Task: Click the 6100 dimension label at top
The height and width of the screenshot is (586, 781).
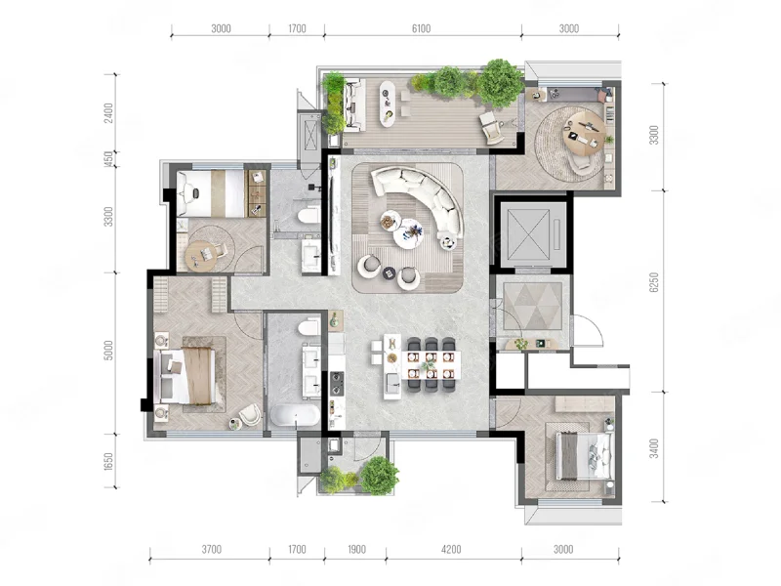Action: point(421,28)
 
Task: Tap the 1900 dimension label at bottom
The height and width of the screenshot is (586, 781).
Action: point(356,549)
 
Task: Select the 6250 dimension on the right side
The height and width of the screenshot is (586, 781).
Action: point(654,282)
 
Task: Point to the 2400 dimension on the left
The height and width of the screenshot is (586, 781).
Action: point(109,112)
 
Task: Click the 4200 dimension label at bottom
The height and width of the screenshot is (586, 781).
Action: point(451,549)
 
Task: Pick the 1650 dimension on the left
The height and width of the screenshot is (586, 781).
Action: point(109,461)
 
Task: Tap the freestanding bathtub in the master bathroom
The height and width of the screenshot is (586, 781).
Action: point(295,414)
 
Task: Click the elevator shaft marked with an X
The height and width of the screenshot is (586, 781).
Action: point(528,231)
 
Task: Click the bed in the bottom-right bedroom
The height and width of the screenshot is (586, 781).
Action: point(584,456)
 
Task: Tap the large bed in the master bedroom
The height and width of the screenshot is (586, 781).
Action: point(185,375)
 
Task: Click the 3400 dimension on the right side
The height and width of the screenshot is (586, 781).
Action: point(654,448)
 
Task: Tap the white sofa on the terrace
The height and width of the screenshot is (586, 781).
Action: point(354,105)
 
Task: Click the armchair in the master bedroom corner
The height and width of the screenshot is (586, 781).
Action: point(249,414)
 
